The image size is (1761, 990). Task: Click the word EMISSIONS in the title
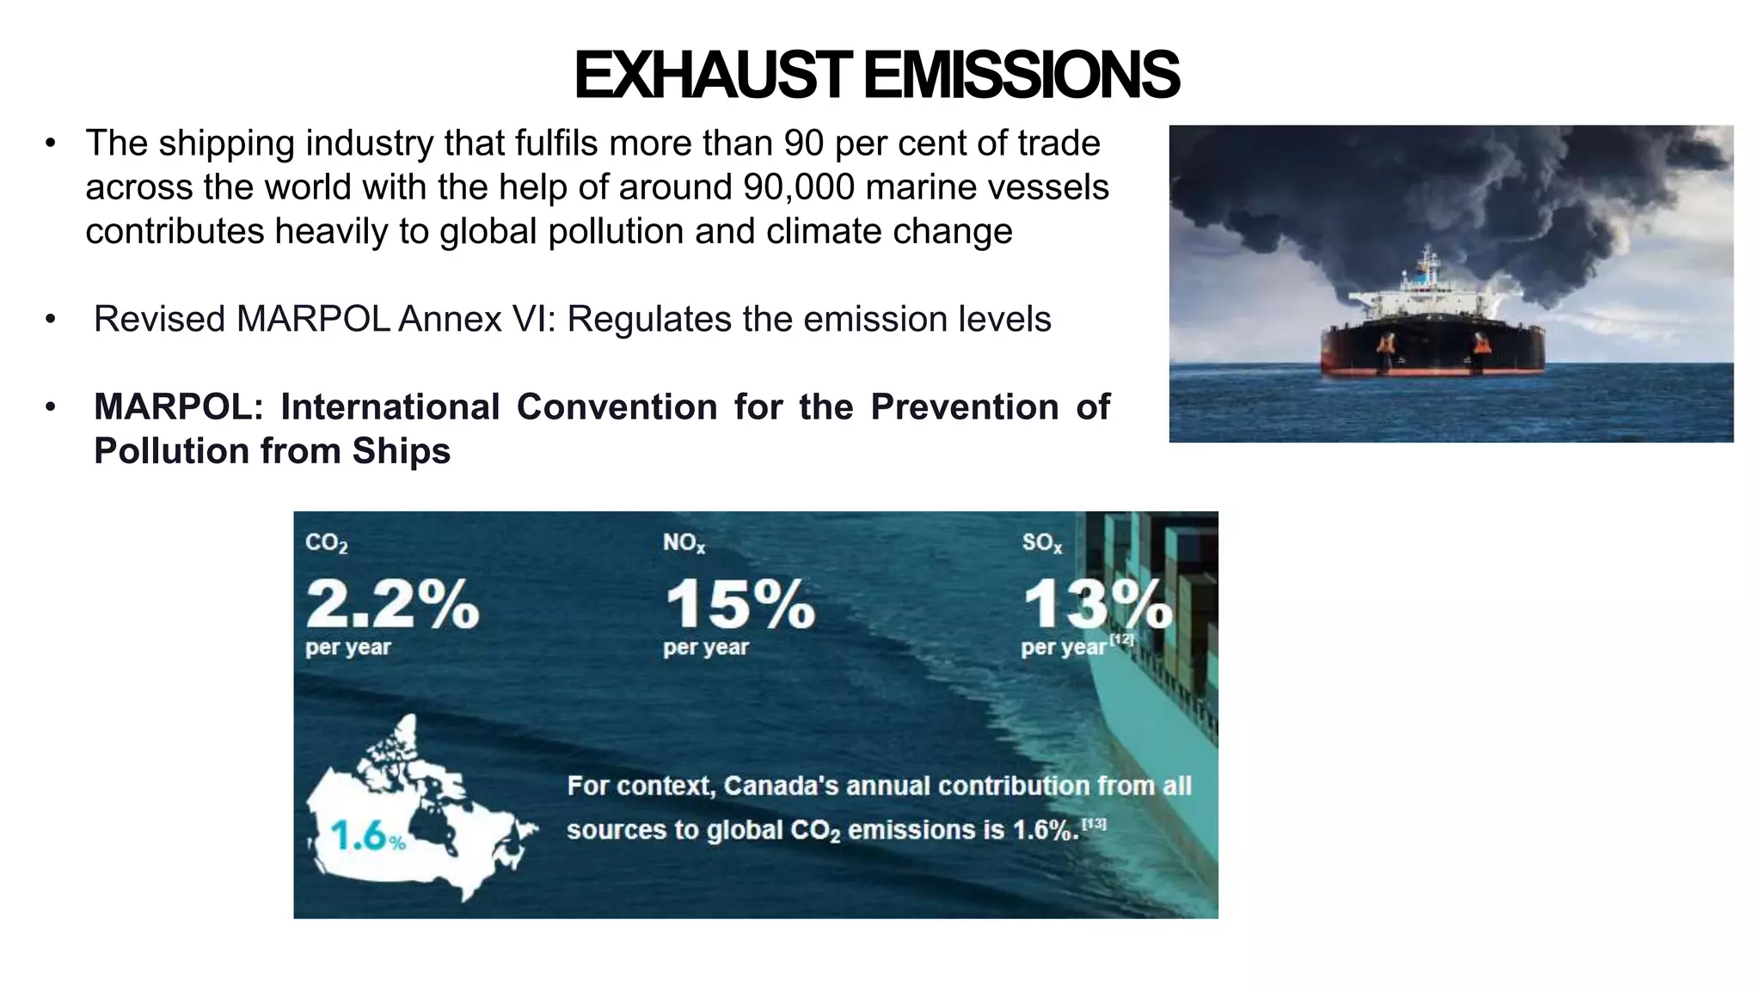coord(1021,76)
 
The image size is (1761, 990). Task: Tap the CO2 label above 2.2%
coord(327,543)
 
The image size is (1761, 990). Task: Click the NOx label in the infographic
coord(684,543)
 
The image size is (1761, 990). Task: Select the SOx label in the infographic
coord(1042,543)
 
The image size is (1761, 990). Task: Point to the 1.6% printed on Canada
coord(367,835)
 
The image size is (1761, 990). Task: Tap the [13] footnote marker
coord(1094,824)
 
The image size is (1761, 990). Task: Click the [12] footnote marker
coord(1121,639)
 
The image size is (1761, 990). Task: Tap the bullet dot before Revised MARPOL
coord(52,320)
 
